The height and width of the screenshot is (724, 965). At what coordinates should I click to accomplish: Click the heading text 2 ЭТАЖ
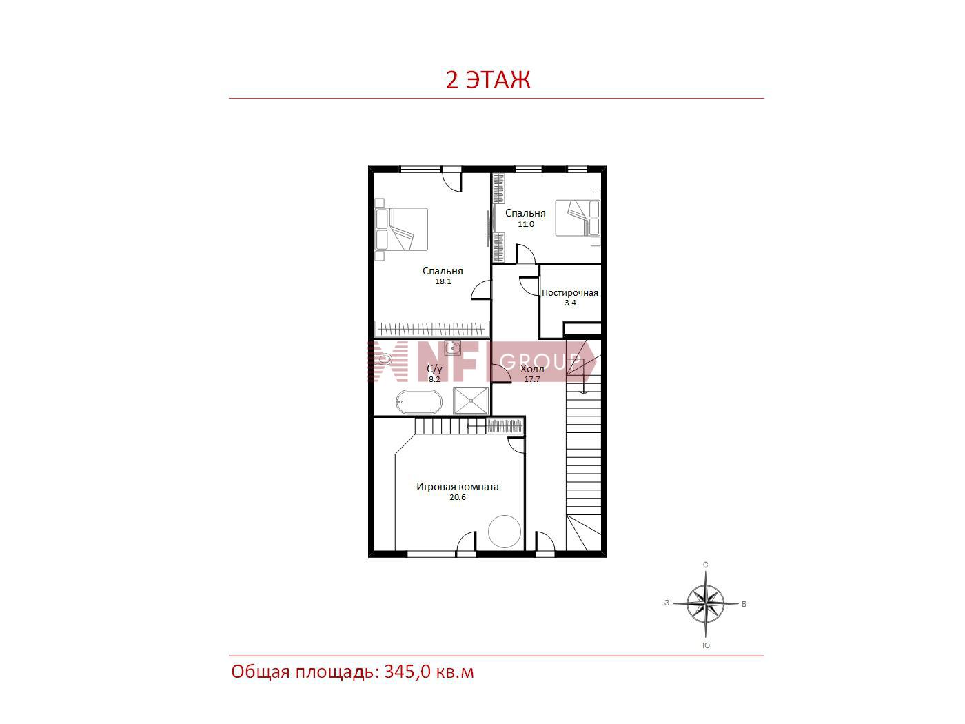[x=488, y=80]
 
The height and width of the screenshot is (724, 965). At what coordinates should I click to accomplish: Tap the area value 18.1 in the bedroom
[x=443, y=281]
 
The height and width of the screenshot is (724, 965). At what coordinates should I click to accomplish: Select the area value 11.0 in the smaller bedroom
[x=525, y=223]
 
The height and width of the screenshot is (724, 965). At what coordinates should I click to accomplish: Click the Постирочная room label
[x=570, y=293]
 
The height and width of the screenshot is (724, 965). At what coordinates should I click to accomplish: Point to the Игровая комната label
[x=457, y=487]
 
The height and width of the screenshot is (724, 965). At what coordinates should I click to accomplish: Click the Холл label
[x=532, y=369]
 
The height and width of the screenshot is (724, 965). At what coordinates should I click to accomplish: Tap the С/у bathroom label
[x=434, y=370]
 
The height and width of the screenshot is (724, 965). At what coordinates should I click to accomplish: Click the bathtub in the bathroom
[x=418, y=402]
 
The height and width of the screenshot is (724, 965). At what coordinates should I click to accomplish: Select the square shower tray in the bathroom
[x=470, y=401]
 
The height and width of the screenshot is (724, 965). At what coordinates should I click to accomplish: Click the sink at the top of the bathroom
[x=452, y=348]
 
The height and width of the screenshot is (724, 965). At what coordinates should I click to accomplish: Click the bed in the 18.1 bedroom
[x=401, y=230]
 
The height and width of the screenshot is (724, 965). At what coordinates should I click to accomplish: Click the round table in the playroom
[x=505, y=532]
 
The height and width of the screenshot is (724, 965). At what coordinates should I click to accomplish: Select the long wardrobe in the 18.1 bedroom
[x=431, y=328]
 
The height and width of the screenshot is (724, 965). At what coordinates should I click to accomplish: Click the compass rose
[x=705, y=605]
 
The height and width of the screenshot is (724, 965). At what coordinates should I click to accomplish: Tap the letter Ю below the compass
[x=706, y=645]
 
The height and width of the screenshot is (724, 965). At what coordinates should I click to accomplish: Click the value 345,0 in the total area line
[x=407, y=672]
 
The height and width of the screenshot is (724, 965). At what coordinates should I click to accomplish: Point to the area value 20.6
[x=457, y=497]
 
